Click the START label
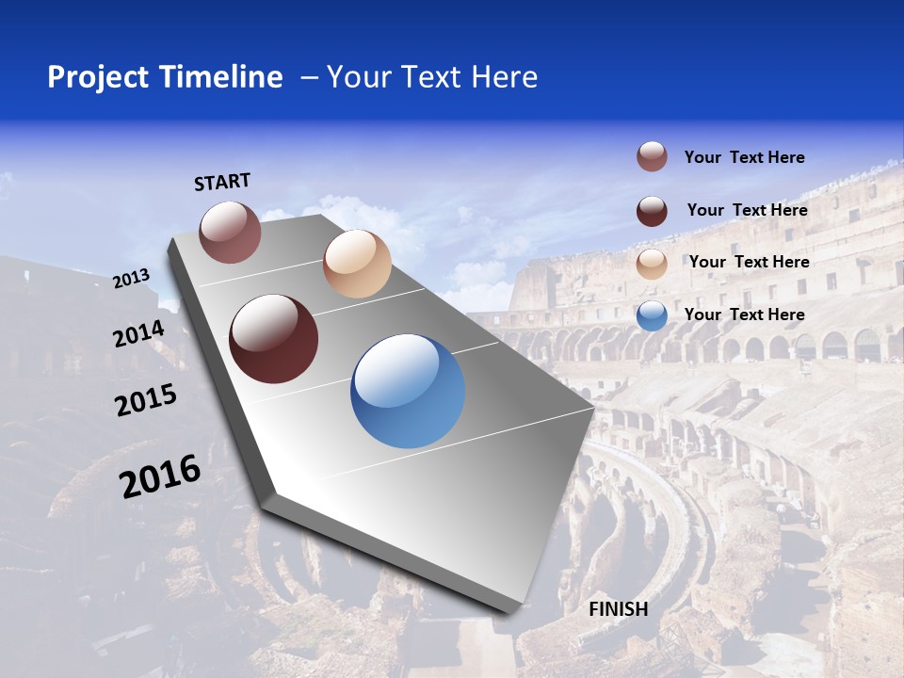point(222,182)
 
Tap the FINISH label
point(619,609)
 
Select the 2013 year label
point(132,279)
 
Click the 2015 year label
point(146,400)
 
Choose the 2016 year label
point(160,476)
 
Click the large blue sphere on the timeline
point(408,391)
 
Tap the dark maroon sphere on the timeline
point(273,339)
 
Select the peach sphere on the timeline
point(357,264)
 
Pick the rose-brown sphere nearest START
point(230,232)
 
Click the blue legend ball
point(652,315)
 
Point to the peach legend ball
point(652,264)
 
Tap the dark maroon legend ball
point(652,211)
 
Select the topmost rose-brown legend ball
point(652,156)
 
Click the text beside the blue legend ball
point(744,315)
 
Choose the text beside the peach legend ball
point(749,262)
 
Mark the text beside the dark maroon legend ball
point(747,210)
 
